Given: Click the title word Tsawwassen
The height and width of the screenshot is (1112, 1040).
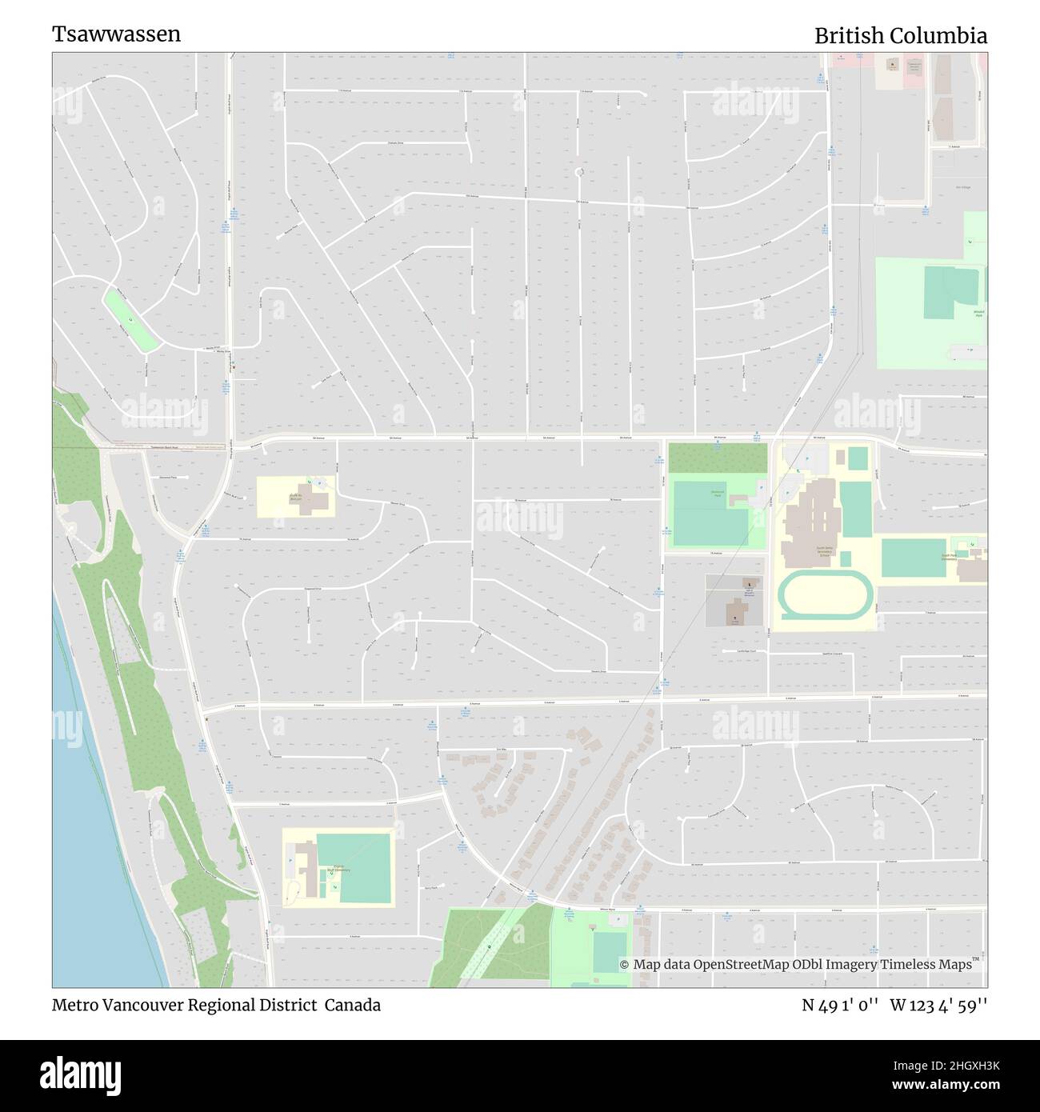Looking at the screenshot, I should (x=117, y=34).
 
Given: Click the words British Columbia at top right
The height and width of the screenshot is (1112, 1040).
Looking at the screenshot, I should (x=900, y=36).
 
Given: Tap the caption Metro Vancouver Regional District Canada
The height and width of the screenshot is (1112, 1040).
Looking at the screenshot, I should (x=216, y=1005).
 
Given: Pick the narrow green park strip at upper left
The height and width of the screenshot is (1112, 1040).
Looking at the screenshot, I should (x=130, y=320).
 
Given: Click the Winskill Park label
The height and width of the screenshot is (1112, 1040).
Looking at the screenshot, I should (x=978, y=314).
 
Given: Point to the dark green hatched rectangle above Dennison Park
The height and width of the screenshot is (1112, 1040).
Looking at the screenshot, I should (x=717, y=458).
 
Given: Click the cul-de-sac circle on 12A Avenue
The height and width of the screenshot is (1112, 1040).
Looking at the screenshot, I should (x=580, y=171).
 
